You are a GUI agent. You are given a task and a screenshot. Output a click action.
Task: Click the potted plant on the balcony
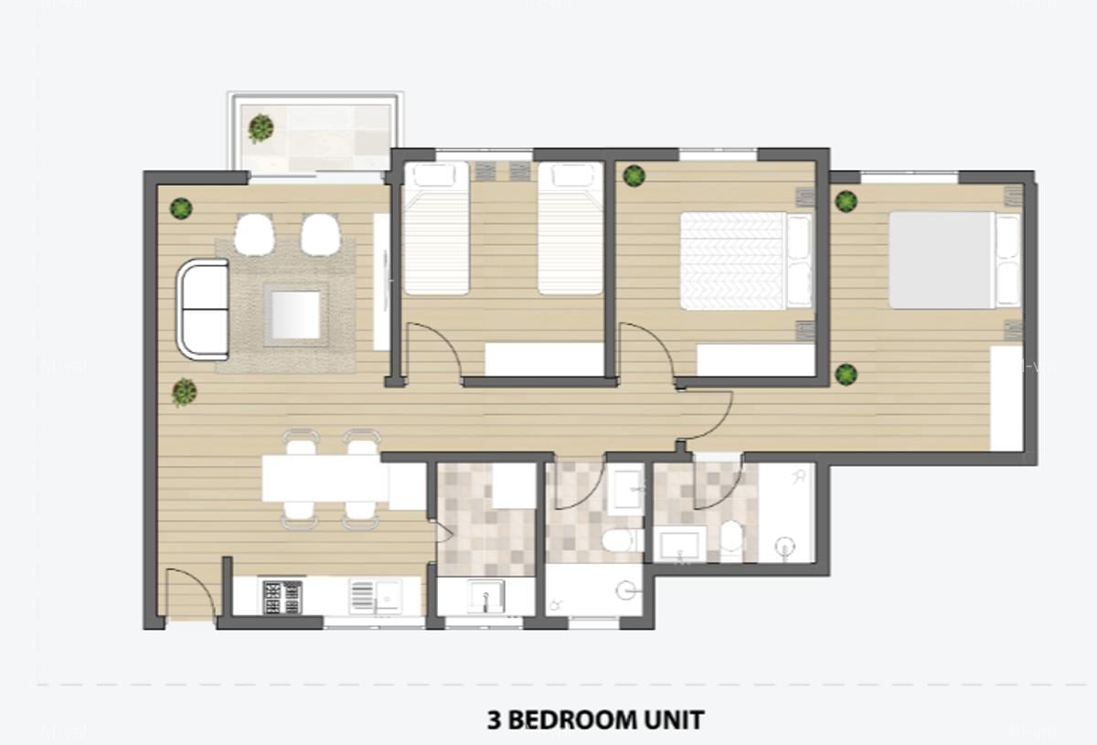261,128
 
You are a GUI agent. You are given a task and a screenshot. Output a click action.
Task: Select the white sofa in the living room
204,309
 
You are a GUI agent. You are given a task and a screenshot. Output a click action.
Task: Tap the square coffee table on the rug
294,314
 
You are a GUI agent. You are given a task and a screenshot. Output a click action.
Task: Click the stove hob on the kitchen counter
282,597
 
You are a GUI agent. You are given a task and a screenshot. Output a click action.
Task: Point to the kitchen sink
375,597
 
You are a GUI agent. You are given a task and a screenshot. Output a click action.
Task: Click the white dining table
324,478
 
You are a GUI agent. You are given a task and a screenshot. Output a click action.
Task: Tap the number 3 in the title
495,720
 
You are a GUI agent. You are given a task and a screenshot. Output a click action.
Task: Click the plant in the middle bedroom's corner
633,176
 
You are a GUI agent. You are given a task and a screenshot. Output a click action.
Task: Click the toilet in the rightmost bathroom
730,537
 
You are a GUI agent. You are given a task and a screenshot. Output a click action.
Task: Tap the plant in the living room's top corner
181,208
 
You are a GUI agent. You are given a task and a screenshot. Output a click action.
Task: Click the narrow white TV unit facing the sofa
381,282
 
